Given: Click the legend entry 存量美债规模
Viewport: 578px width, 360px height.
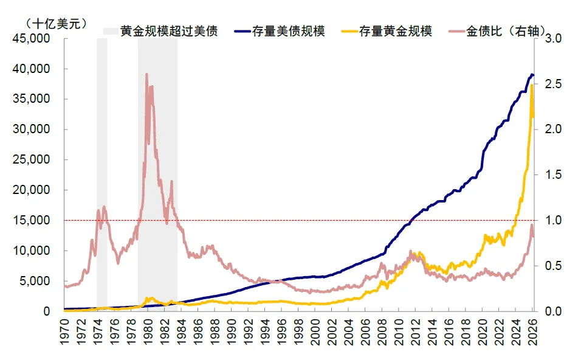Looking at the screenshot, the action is (x=280, y=32).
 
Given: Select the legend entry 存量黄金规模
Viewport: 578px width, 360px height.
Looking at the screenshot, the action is (x=387, y=32).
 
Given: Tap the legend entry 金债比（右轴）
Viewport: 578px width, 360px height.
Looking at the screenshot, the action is (x=497, y=32).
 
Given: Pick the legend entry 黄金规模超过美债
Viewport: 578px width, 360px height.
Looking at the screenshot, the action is (x=160, y=32).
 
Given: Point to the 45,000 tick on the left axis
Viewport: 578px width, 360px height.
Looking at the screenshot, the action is (x=32, y=38).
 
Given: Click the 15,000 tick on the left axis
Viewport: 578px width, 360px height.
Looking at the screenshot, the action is (x=32, y=220).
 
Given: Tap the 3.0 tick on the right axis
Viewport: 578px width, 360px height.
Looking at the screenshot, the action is (x=553, y=38).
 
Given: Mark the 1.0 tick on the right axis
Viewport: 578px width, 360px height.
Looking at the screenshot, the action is (x=553, y=220).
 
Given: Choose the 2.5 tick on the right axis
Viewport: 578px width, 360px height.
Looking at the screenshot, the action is (x=553, y=84).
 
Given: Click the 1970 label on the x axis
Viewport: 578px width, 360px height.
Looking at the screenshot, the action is (x=64, y=332).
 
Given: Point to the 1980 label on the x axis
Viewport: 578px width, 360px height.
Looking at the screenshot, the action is (x=148, y=332).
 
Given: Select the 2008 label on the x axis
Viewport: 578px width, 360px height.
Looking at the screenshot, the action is (x=382, y=332).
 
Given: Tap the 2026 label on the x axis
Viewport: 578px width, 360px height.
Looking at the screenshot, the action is (x=532, y=332).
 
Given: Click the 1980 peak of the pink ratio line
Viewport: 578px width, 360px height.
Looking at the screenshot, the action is (x=146, y=74).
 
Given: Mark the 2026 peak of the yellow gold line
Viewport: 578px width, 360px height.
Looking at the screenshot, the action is (x=532, y=85).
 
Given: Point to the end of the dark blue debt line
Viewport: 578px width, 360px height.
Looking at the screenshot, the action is (x=533, y=75).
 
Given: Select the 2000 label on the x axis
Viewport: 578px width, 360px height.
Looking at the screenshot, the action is (x=315, y=332).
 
